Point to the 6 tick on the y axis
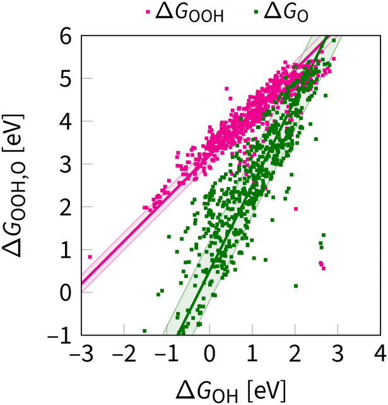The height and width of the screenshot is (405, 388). [65, 37]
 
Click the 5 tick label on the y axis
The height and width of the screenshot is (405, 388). [65, 79]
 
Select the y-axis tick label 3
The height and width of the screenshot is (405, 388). [65, 164]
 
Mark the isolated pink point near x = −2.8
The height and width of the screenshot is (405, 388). [90, 257]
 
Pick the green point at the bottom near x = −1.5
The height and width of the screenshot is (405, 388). [144, 330]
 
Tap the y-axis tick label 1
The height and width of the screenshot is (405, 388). [65, 250]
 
